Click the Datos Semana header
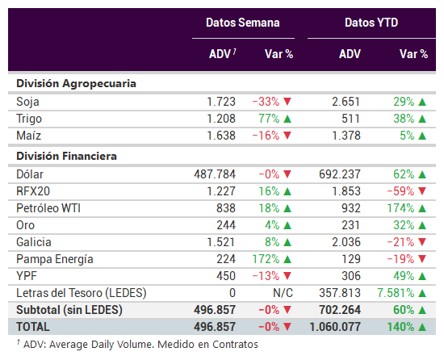(x=243, y=23)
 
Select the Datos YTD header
(x=371, y=23)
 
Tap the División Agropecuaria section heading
(x=76, y=84)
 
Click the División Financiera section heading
(x=66, y=157)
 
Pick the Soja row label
(x=27, y=102)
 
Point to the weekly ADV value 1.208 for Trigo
(x=221, y=119)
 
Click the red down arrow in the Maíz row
(x=287, y=136)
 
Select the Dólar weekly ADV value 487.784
(x=215, y=174)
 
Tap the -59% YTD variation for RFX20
(x=400, y=191)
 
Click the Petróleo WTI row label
(x=48, y=208)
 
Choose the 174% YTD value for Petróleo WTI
(x=400, y=208)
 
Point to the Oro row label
(x=26, y=225)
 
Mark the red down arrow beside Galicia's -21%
(x=422, y=242)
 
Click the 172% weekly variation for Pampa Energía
(x=266, y=259)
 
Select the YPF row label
(x=27, y=276)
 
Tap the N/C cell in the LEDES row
(x=283, y=293)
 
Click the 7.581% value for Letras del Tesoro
(x=396, y=293)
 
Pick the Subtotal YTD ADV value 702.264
(x=340, y=310)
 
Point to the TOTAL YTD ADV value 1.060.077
(x=335, y=327)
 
